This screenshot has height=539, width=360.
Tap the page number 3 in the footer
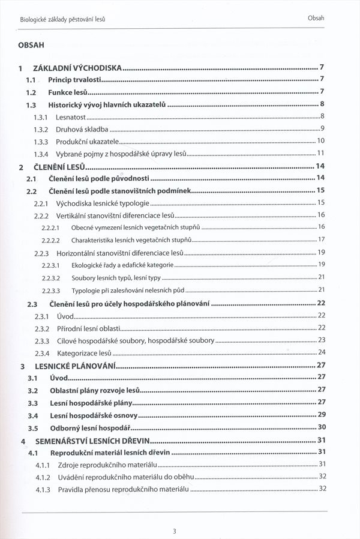tap(175, 531)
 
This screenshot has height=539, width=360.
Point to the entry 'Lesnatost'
tap(71, 116)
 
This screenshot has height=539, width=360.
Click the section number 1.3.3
tap(41, 142)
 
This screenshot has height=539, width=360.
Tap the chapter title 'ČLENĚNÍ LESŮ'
tap(59, 166)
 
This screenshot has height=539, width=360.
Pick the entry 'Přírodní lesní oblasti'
tap(88, 328)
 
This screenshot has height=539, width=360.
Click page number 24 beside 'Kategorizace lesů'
tap(322, 352)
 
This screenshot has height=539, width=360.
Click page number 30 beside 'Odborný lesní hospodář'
tap(321, 427)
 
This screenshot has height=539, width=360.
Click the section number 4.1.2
tap(41, 477)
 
